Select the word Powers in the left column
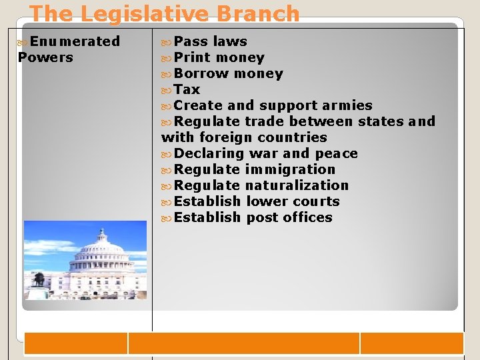[45, 57]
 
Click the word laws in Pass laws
[230, 41]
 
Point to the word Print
[192, 57]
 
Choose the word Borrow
[201, 73]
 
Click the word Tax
[187, 89]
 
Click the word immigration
[290, 169]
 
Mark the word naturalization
[297, 185]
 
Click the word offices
[308, 217]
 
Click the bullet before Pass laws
[167, 42]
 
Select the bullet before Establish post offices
[167, 218]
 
